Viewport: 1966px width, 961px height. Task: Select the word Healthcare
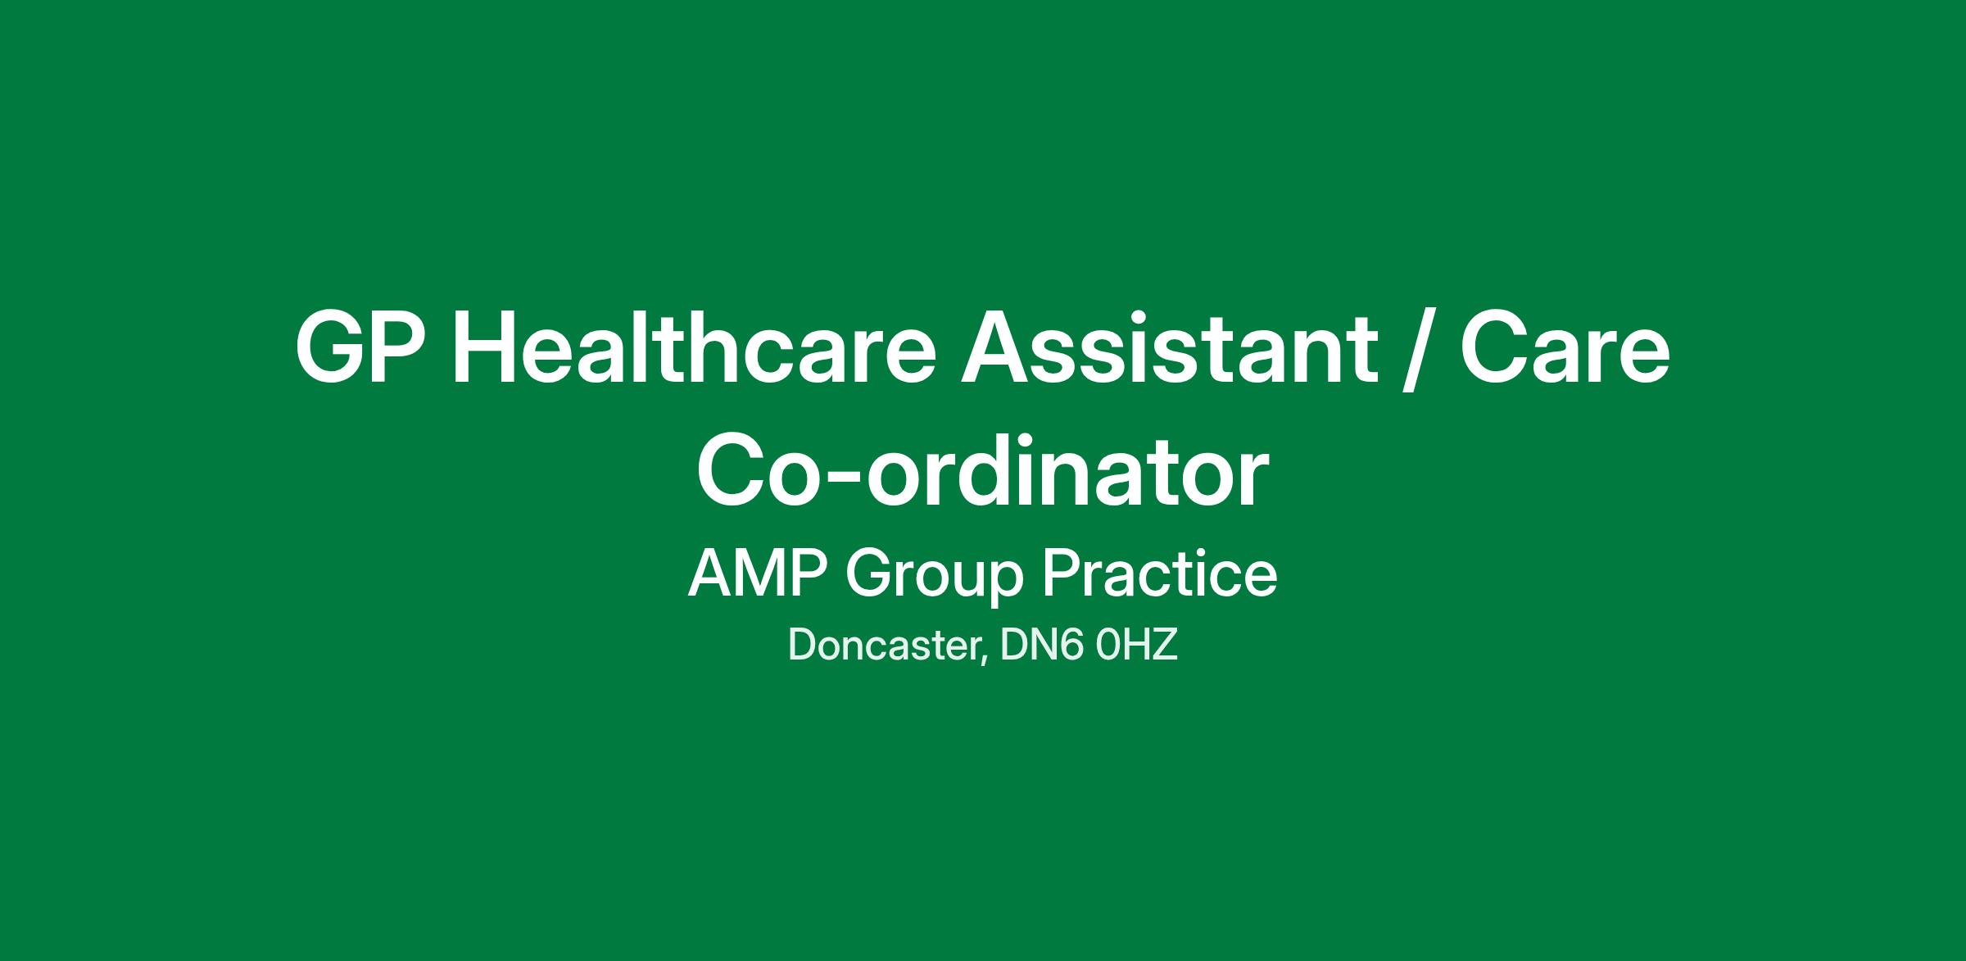point(694,346)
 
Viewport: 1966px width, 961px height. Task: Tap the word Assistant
point(1168,346)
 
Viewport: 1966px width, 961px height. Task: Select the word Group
point(935,578)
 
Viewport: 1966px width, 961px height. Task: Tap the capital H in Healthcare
point(485,347)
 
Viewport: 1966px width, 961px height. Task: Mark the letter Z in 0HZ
point(1164,645)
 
